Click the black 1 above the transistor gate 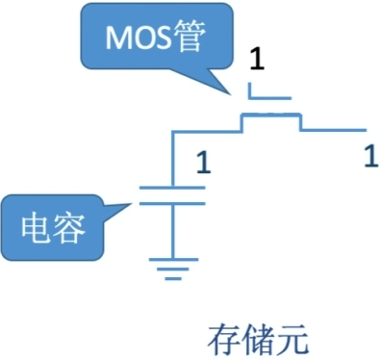(256, 62)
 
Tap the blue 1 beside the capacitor (202, 162)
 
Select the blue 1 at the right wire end (370, 154)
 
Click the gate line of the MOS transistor (268, 97)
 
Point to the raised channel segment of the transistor (270, 116)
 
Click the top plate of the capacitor (172, 187)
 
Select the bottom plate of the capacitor (172, 203)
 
